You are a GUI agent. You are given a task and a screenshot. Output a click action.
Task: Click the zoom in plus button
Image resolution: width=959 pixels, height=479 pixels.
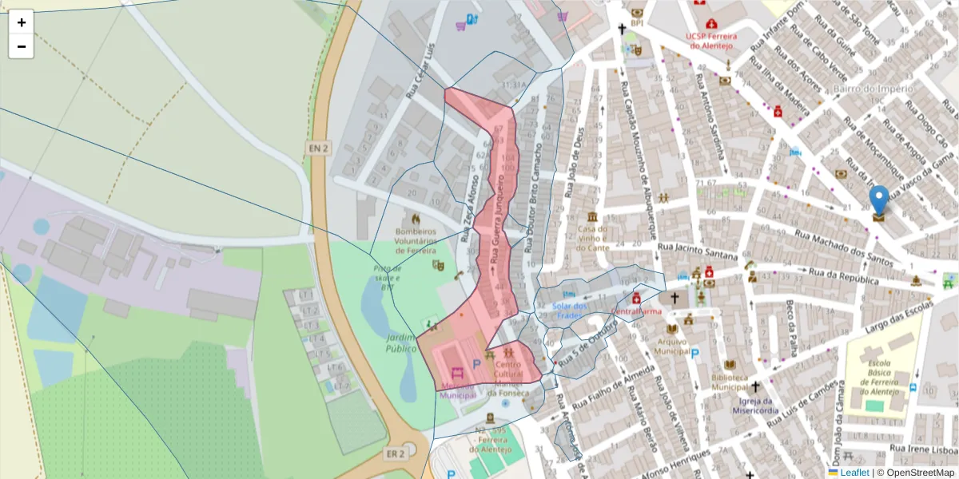click(x=22, y=22)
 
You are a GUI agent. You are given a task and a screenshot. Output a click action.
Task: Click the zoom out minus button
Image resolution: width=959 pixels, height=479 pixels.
click(x=22, y=46)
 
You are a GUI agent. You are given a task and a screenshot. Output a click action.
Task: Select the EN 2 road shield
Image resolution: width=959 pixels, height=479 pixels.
click(x=318, y=148)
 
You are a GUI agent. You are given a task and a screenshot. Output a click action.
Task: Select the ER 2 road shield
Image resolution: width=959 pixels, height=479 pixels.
click(x=395, y=453)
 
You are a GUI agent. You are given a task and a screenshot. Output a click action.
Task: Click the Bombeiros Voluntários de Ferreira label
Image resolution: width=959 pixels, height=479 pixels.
click(x=415, y=239)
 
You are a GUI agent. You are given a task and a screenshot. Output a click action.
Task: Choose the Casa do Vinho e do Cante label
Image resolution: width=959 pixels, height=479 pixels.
click(x=593, y=238)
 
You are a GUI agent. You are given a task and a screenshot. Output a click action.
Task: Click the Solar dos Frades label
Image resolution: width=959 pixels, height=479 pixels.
click(x=570, y=311)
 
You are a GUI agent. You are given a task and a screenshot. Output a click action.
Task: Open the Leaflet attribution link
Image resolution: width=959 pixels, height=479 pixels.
click(x=854, y=473)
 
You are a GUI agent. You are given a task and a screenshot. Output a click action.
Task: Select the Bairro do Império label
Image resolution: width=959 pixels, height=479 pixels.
click(x=872, y=89)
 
